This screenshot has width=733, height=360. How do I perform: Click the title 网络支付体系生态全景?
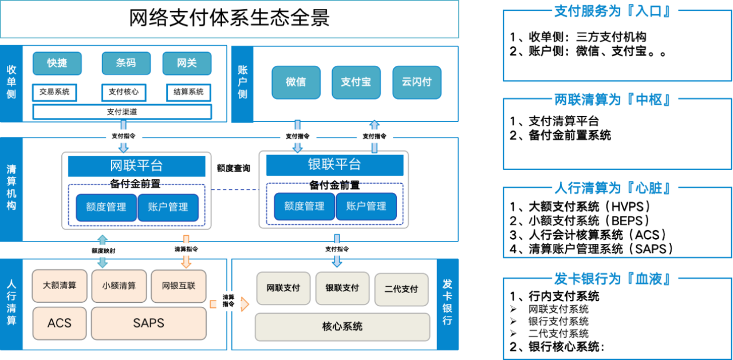coord(229,18)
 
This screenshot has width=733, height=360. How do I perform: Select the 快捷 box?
coord(57,64)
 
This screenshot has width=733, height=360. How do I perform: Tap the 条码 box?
coord(126,64)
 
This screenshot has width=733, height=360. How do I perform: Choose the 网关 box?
coord(187,64)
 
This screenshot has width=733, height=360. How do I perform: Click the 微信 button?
coord(295,82)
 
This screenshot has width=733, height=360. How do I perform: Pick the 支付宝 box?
coord(356,82)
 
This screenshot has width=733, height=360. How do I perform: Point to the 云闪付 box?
coord(416,82)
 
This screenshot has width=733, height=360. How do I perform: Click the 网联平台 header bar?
coord(136,166)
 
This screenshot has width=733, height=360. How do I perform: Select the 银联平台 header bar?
coord(334,165)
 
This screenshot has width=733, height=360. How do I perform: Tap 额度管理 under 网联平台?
coord(106,207)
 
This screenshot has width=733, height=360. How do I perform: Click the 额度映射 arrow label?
coord(103,251)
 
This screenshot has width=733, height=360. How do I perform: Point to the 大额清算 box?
coord(60,286)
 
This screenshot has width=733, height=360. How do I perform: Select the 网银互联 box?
coord(178,286)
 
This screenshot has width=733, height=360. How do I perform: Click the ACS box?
coord(60,323)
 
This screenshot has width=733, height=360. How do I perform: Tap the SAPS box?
coord(148,323)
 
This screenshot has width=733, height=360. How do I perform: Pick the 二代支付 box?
coord(401,289)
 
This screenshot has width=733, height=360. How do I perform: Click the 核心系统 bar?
coord(342,327)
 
